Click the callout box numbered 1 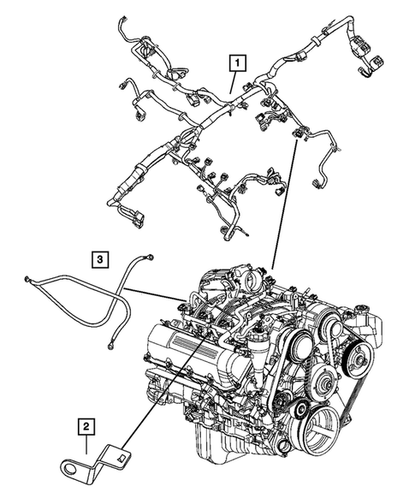pos(234,61)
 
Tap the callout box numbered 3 pos(100,258)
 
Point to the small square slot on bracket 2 pos(122,454)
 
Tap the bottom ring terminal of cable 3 pos(111,347)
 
